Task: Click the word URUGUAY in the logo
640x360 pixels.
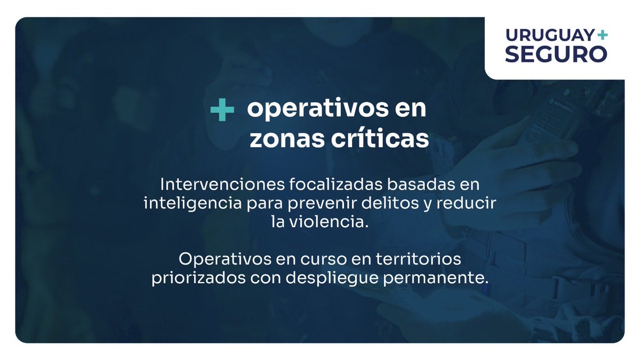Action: pyautogui.click(x=549, y=36)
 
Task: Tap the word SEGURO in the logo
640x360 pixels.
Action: pyautogui.click(x=556, y=54)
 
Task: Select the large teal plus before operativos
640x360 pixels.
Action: pyautogui.click(x=222, y=110)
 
